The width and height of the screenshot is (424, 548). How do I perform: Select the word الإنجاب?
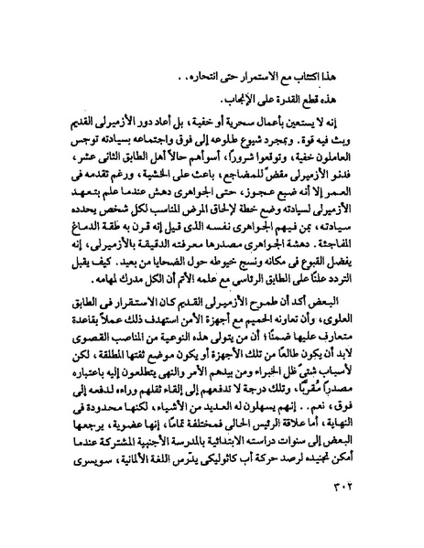tap(242, 98)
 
